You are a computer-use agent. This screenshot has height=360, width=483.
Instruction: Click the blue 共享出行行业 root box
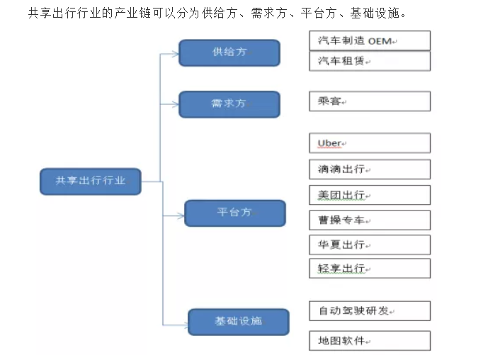(x=91, y=181)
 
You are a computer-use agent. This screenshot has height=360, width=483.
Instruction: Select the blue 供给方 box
(x=229, y=52)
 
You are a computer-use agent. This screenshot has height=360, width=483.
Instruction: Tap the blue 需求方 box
(x=229, y=104)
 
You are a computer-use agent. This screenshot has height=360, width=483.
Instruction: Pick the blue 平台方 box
(x=235, y=213)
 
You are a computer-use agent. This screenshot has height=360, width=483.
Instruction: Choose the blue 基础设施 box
(x=239, y=322)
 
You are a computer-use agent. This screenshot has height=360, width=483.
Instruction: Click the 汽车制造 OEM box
(x=370, y=40)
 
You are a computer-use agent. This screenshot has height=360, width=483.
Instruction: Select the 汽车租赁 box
(x=370, y=61)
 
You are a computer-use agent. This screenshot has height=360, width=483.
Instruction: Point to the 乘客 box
(x=370, y=101)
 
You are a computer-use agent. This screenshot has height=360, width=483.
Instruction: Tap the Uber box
(x=370, y=143)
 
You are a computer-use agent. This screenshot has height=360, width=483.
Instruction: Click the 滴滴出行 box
(x=370, y=169)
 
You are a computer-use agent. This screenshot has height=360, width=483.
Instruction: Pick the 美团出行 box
(x=370, y=195)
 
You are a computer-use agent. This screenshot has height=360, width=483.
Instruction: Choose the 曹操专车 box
(x=370, y=220)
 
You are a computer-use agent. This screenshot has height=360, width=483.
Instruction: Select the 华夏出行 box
(x=370, y=244)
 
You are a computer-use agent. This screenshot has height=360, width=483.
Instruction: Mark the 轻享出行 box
(x=370, y=269)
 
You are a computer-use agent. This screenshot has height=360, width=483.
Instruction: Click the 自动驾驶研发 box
(x=370, y=311)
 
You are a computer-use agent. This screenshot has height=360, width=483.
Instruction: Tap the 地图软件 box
(x=370, y=341)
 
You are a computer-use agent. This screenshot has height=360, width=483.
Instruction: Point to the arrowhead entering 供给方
(x=176, y=55)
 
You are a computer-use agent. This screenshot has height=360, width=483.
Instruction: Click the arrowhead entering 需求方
(x=176, y=104)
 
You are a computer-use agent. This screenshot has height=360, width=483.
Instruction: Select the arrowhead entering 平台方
(x=181, y=215)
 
